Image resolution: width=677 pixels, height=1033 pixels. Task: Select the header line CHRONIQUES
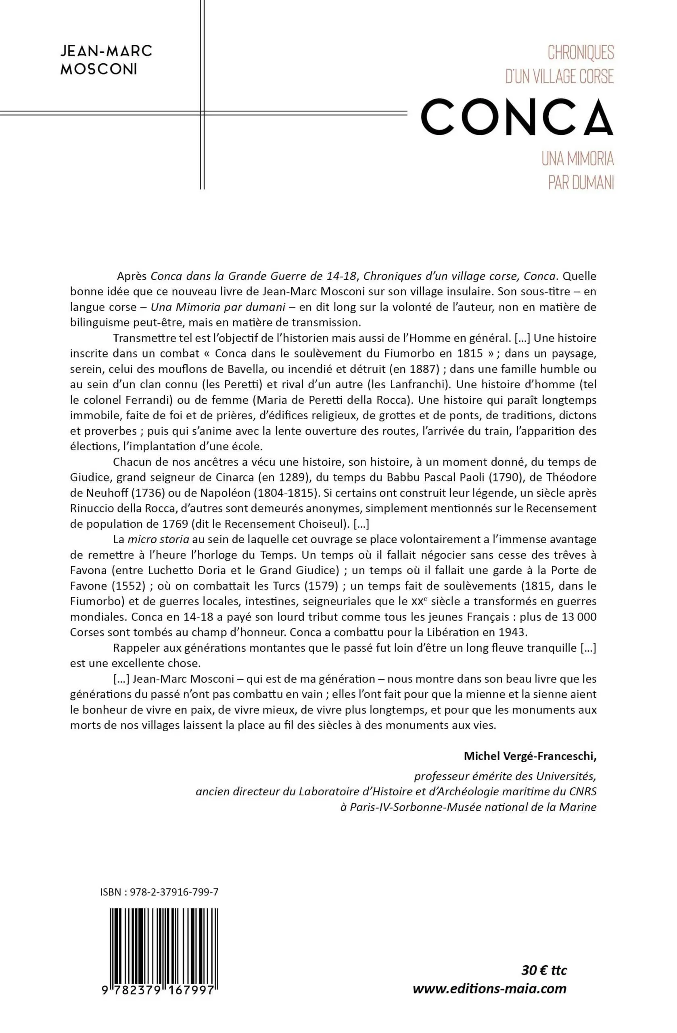(x=581, y=53)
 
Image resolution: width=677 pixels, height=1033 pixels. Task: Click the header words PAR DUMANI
(x=581, y=183)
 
